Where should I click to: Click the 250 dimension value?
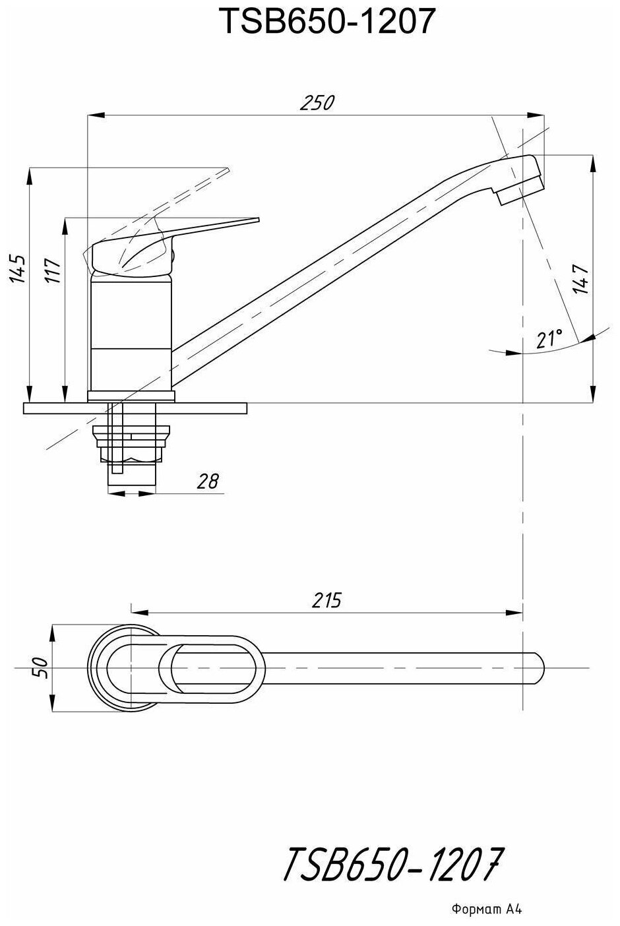tap(317, 104)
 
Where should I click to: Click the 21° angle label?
tap(549, 340)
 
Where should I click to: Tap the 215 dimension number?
tap(326, 601)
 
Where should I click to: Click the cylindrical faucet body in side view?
tap(130, 330)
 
